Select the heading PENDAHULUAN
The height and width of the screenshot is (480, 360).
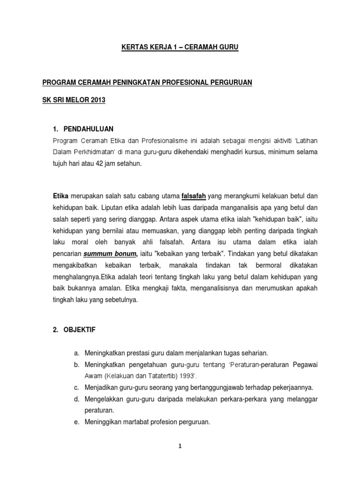[x=89, y=129]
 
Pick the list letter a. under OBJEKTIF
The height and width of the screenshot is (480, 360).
[x=77, y=353]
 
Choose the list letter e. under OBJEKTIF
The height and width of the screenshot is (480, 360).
[x=77, y=422]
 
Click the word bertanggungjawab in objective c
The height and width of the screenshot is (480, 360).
[x=219, y=388]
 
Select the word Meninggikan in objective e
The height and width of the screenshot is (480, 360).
[x=104, y=422]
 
